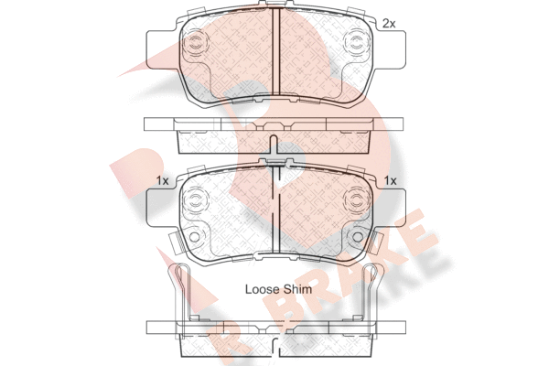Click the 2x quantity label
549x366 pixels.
click(x=389, y=24)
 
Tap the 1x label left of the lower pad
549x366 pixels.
click(x=163, y=181)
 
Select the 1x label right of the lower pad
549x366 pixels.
click(x=390, y=181)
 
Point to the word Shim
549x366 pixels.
click(x=297, y=289)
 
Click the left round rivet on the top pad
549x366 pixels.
click(x=194, y=44)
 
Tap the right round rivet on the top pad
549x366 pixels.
click(x=357, y=44)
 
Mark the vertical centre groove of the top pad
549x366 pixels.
click(x=276, y=51)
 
